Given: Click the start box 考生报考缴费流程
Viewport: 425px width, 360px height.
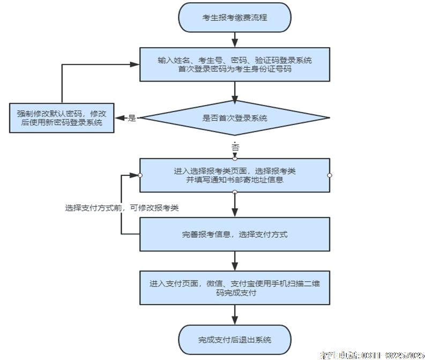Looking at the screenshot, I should coord(235,17).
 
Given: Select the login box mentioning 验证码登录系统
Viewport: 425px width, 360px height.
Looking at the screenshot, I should coord(235,64).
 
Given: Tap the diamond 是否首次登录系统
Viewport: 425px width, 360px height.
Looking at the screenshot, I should coord(235,118).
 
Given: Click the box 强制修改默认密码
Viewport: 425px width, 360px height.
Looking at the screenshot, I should coord(62,118).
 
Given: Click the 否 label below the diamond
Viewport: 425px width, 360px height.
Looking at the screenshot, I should coord(235,146).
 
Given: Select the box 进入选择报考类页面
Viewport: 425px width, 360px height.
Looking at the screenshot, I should coord(235,175).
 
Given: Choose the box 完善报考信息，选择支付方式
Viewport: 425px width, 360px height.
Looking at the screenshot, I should coord(235,235).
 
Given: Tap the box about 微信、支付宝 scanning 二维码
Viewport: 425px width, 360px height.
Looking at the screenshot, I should coord(235,288).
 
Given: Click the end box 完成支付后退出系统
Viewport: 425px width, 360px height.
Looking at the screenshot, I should coord(235,340).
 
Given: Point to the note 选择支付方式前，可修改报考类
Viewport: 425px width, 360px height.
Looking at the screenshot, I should coord(122,208).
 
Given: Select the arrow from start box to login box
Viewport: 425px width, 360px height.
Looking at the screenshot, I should coord(235,40).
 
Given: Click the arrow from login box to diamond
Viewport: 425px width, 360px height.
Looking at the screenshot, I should coord(235,91).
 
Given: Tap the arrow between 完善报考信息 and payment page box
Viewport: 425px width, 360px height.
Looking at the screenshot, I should coord(235,261).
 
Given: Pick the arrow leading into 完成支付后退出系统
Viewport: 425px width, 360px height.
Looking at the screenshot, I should coord(235,315).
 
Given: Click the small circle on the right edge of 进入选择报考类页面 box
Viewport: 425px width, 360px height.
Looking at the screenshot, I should coord(330,175).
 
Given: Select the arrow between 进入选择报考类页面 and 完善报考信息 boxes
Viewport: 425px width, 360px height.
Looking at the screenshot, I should coord(235,205).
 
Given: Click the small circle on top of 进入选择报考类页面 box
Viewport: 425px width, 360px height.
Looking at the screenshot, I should coord(235,158).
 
